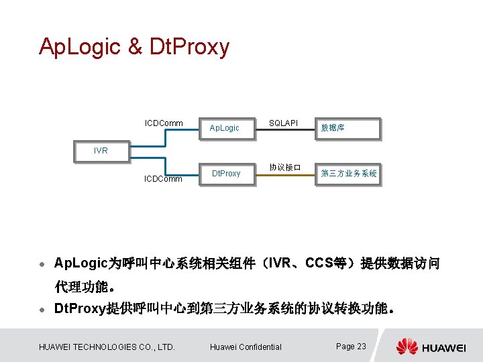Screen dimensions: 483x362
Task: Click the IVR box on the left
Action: click(x=101, y=150)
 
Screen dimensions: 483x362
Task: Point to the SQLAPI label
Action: click(x=283, y=123)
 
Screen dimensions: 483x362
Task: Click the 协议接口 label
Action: click(x=284, y=166)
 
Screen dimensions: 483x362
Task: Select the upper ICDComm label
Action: click(x=164, y=123)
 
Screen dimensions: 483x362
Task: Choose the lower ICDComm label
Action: click(x=164, y=179)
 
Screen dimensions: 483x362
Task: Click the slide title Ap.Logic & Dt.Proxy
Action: click(x=134, y=47)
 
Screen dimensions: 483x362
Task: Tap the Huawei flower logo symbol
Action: click(x=407, y=347)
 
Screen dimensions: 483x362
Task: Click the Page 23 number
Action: click(x=351, y=346)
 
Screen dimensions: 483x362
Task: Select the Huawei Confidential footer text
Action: click(x=246, y=347)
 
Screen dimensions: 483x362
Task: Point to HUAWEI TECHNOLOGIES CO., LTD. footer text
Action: click(x=107, y=347)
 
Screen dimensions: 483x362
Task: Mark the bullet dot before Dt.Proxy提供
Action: click(x=42, y=310)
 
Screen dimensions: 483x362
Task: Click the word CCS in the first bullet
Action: click(x=319, y=263)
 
